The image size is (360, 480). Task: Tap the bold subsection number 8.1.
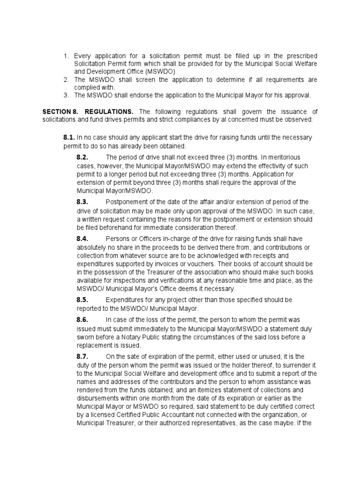click(x=69, y=138)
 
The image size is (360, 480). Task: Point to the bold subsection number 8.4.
click(x=82, y=239)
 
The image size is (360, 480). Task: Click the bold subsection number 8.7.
click(x=82, y=356)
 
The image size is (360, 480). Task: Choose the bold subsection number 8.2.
click(x=82, y=157)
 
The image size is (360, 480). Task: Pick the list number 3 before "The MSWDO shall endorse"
click(x=67, y=95)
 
